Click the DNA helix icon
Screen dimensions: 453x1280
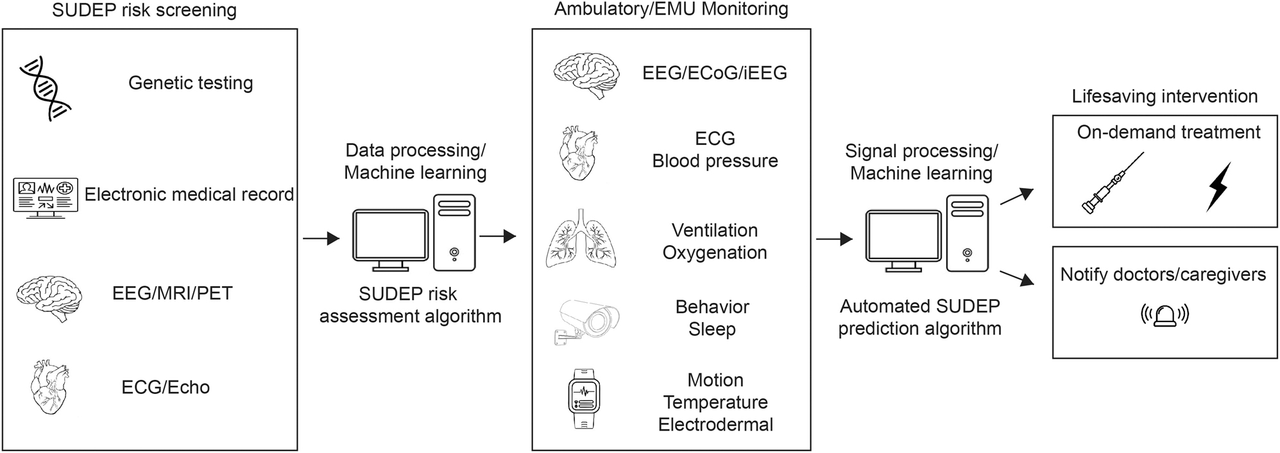pyautogui.click(x=45, y=88)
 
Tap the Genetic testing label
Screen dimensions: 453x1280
pyautogui.click(x=191, y=83)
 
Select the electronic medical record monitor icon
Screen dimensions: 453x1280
pyautogui.click(x=46, y=197)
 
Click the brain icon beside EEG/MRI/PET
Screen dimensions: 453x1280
pyautogui.click(x=49, y=296)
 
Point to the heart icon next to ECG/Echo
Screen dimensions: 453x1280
pyautogui.click(x=49, y=388)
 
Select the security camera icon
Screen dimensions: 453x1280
pyautogui.click(x=586, y=320)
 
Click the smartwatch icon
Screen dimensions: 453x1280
pyautogui.click(x=584, y=398)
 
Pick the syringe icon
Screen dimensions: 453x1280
pyautogui.click(x=1113, y=184)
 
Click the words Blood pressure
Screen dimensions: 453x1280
pyautogui.click(x=715, y=161)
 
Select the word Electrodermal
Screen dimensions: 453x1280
pyautogui.click(x=715, y=425)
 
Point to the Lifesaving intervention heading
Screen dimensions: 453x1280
pyautogui.click(x=1164, y=96)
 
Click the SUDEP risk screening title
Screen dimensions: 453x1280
pyautogui.click(x=144, y=10)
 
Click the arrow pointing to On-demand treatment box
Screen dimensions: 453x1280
pyautogui.click(x=1018, y=196)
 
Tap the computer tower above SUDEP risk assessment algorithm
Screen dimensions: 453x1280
pyautogui.click(x=454, y=232)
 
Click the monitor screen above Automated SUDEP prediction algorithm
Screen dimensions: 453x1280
pyautogui.click(x=903, y=236)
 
